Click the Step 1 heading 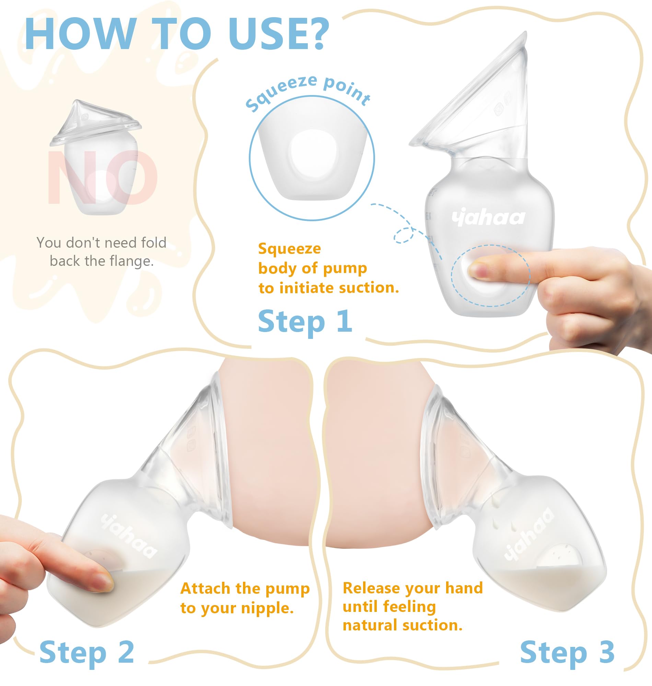(x=305, y=321)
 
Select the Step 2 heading (x=87, y=652)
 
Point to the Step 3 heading (x=567, y=652)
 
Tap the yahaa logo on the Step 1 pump (x=488, y=218)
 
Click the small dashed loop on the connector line (x=404, y=235)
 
